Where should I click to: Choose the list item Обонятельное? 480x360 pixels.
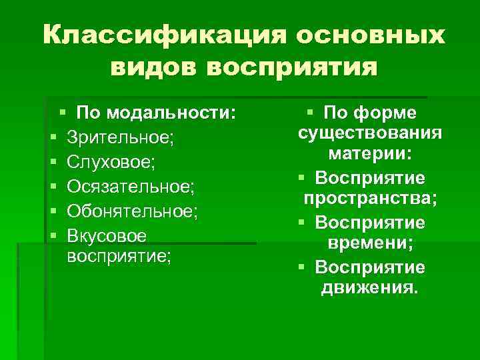pos(133,211)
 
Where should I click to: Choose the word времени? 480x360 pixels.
pos(369,244)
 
